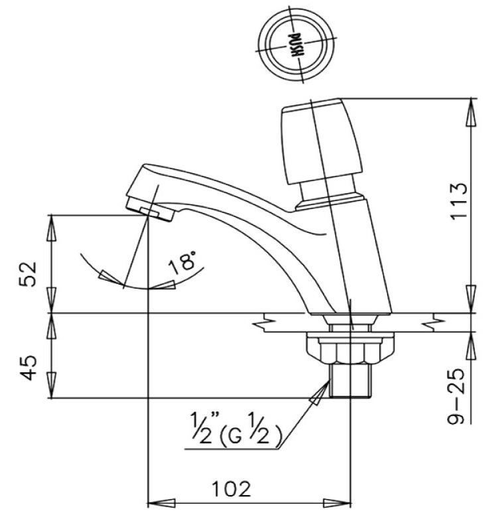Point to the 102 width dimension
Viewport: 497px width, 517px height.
click(x=232, y=489)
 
